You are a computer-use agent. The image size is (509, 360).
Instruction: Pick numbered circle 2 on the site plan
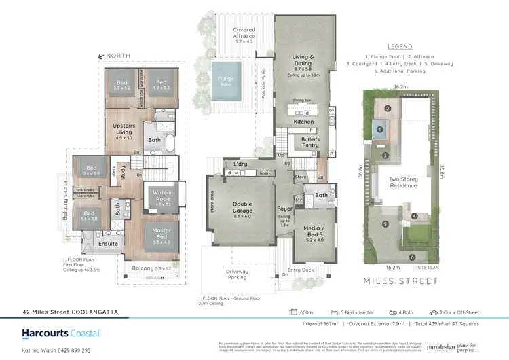click(x=388, y=108)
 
